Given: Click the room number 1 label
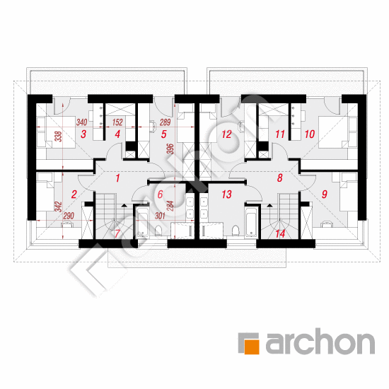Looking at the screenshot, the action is click(x=117, y=178).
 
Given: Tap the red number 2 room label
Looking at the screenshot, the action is click(x=74, y=194).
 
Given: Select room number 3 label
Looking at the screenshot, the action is click(x=83, y=134).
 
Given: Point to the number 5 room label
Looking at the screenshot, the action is click(x=164, y=134).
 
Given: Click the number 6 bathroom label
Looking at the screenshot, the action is click(x=161, y=194).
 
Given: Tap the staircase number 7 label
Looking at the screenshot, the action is click(x=117, y=233).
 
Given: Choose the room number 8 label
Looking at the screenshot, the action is click(x=280, y=178).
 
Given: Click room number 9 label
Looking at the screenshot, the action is click(x=325, y=194).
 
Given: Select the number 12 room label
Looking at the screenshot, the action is click(x=226, y=134).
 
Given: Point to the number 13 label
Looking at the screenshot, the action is click(x=227, y=194).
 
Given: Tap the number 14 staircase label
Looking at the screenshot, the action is click(x=280, y=233).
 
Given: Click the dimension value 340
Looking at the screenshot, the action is click(x=81, y=122).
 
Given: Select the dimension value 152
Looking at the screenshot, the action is click(x=117, y=122).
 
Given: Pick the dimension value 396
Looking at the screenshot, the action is click(x=170, y=149).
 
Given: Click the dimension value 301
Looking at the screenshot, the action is click(x=160, y=216).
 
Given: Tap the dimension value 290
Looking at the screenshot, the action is click(x=69, y=216).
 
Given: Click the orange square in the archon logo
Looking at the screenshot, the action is click(x=252, y=347).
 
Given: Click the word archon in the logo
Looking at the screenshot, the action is click(x=320, y=342).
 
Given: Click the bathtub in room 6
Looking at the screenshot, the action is click(x=143, y=222).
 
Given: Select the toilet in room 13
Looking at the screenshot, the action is click(x=236, y=231).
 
